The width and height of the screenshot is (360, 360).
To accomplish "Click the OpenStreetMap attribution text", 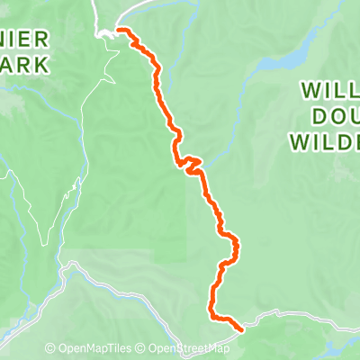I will [189, 349].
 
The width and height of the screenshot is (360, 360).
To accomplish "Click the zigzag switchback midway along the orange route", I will [191, 164].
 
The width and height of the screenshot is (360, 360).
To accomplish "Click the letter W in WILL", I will [306, 93].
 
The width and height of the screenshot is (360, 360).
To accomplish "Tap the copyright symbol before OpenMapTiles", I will [50, 349].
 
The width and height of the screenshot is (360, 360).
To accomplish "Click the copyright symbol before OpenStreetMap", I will [144, 349].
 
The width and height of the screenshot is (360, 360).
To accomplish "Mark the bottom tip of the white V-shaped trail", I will [42, 243].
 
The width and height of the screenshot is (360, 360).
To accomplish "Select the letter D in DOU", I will [314, 116].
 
